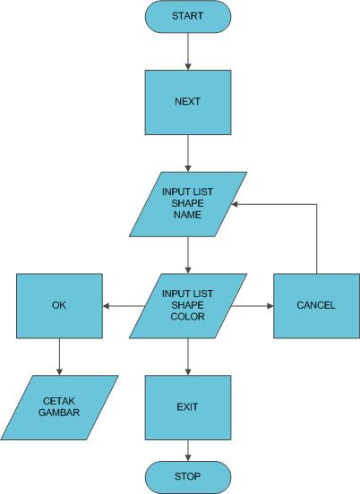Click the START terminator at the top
pos(188,15)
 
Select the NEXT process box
pos(188,101)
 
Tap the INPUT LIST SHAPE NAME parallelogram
pos(188,203)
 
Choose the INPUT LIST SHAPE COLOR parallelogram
pos(188,305)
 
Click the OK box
pos(59,305)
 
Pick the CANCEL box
pos(315,305)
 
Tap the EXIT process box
pos(188,407)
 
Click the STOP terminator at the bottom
pos(188,475)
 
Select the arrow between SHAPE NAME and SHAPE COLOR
pos(188,254)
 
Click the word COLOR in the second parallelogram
pos(188,316)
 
